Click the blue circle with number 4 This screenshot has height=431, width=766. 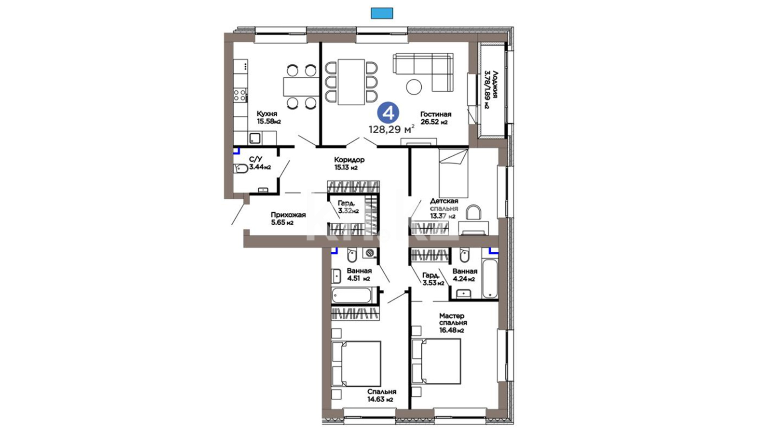(388, 113)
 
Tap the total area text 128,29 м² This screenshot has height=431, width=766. (392, 129)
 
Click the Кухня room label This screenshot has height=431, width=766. (267, 114)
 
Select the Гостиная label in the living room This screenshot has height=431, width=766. (436, 115)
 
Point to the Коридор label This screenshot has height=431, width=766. (349, 160)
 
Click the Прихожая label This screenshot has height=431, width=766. (288, 215)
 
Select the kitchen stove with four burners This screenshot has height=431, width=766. (240, 95)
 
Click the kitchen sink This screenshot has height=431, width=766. (255, 138)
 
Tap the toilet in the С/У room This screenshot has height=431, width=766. (240, 168)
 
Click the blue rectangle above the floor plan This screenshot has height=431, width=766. (382, 13)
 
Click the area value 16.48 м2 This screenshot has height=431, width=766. (452, 330)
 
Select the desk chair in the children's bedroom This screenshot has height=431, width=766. (474, 213)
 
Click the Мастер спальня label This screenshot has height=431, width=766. (453, 319)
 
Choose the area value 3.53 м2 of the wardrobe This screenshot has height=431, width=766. (433, 283)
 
